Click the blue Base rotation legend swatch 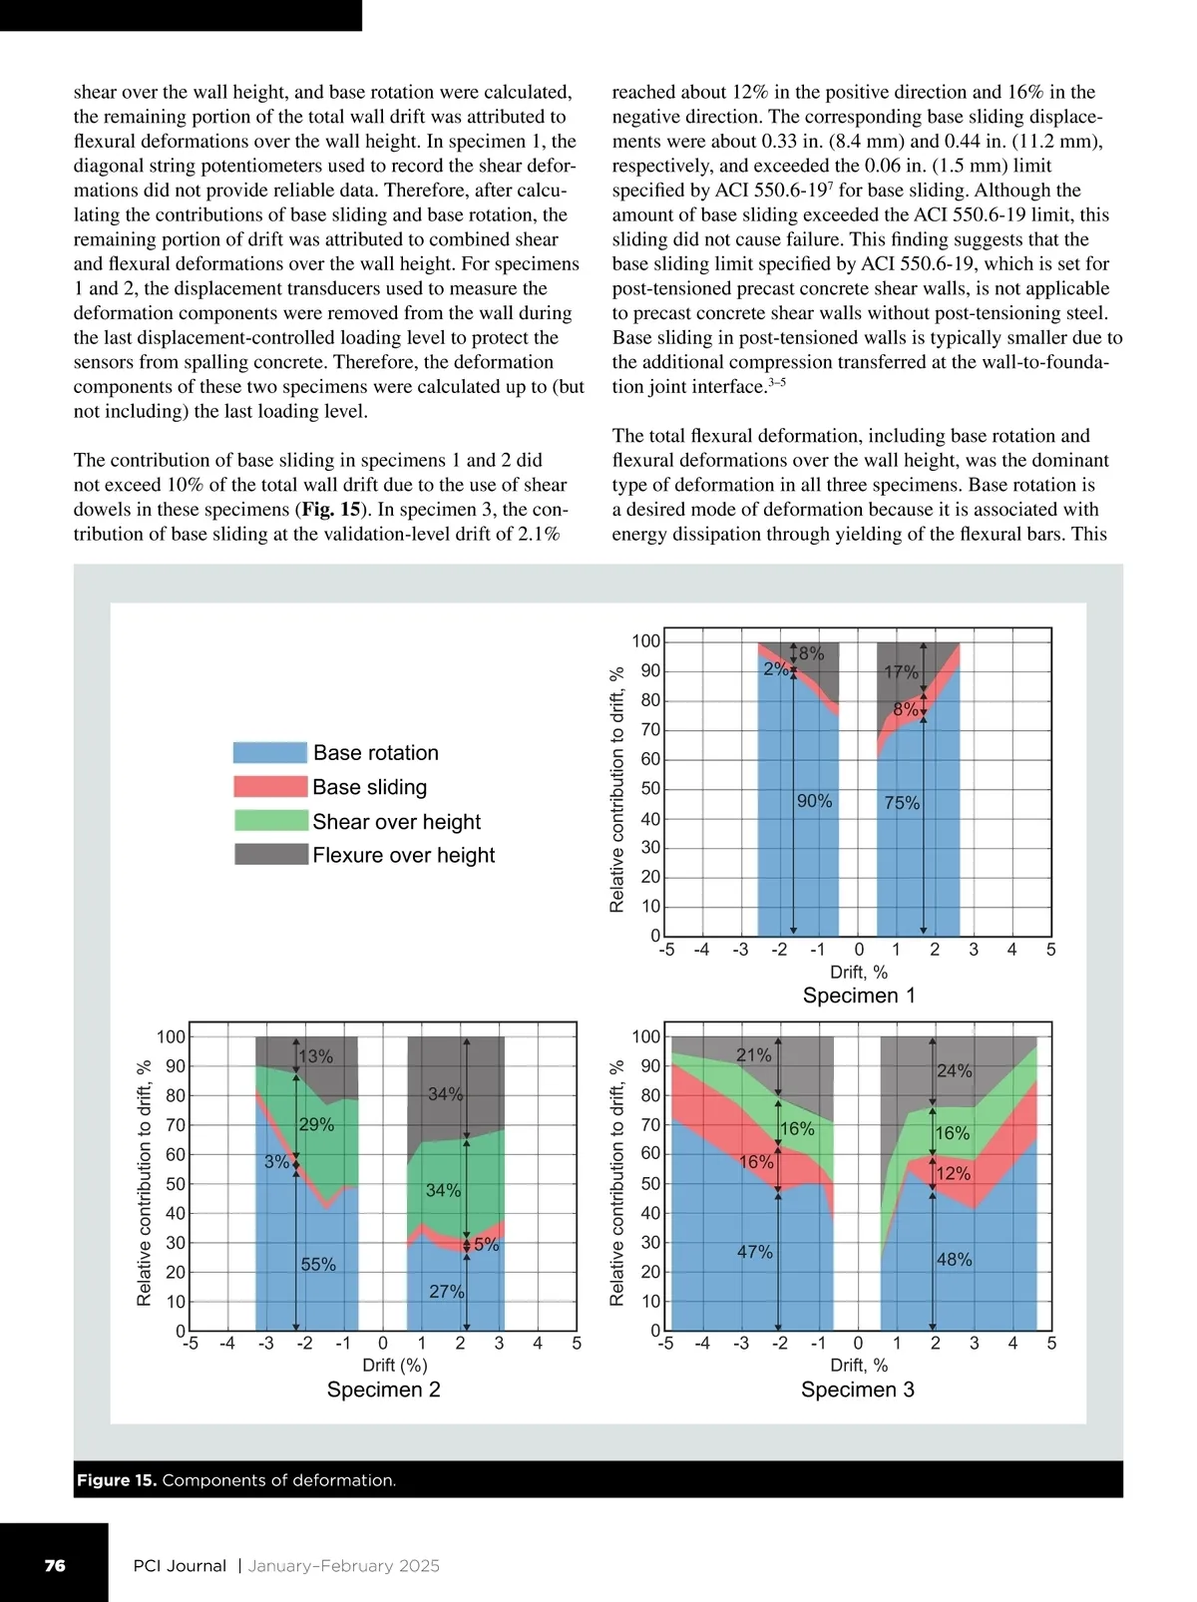click(x=269, y=753)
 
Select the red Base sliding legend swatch click(x=269, y=787)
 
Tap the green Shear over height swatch click(x=269, y=821)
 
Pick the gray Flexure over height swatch click(x=269, y=855)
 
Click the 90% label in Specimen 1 click(x=814, y=801)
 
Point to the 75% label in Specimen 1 click(x=902, y=803)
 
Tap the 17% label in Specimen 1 click(x=901, y=672)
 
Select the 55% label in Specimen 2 click(x=318, y=1265)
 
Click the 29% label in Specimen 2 click(x=316, y=1125)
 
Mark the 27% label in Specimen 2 click(x=446, y=1292)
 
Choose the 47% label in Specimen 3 click(x=755, y=1252)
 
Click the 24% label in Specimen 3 click(x=954, y=1071)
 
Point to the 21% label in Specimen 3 click(x=754, y=1055)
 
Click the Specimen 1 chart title click(x=858, y=996)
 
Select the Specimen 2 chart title click(x=383, y=1390)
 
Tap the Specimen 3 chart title click(x=857, y=1390)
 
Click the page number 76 click(x=55, y=1566)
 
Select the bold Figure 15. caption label click(x=117, y=1480)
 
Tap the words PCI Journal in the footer click(x=180, y=1566)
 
